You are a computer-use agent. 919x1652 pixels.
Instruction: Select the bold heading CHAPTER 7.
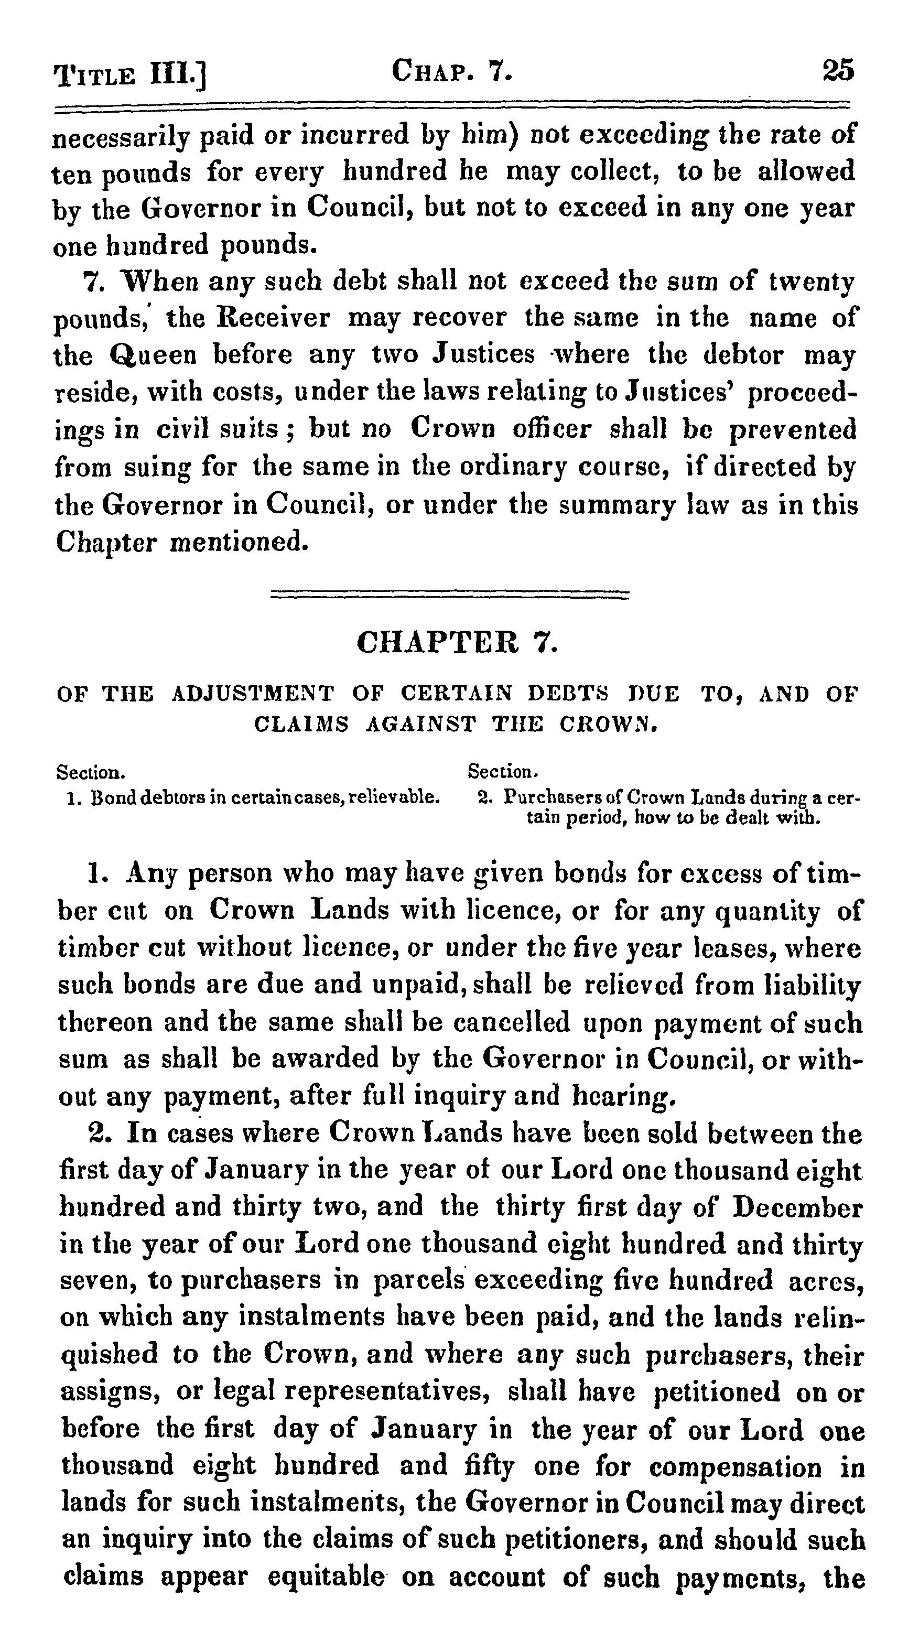click(x=457, y=641)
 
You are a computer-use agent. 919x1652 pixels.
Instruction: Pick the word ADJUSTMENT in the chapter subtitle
click(x=253, y=694)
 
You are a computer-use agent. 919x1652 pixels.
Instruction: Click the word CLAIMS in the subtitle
click(x=301, y=724)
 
